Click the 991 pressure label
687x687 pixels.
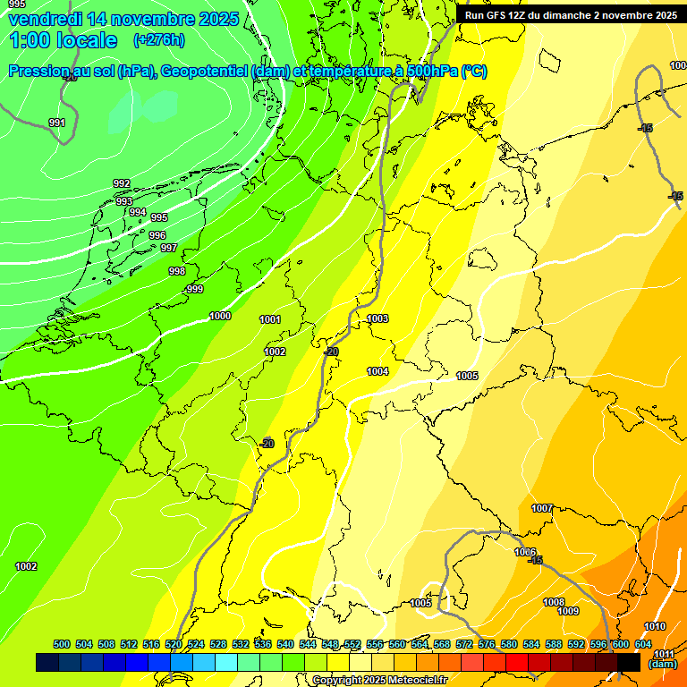57,123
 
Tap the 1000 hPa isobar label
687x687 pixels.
220,316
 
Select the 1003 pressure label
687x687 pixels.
377,318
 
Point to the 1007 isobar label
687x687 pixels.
542,508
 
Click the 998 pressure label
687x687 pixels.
177,271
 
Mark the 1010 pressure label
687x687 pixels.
655,626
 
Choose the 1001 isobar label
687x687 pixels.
270,319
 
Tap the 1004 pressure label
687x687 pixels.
377,371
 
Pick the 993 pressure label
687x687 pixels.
124,201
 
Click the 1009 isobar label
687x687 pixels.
568,611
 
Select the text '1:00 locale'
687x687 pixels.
63,40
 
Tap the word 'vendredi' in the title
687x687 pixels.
42,19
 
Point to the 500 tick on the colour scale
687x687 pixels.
62,644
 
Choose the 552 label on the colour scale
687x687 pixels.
352,644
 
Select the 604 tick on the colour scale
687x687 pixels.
642,644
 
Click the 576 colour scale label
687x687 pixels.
487,644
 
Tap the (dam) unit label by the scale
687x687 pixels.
663,664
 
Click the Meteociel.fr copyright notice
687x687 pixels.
380,680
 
